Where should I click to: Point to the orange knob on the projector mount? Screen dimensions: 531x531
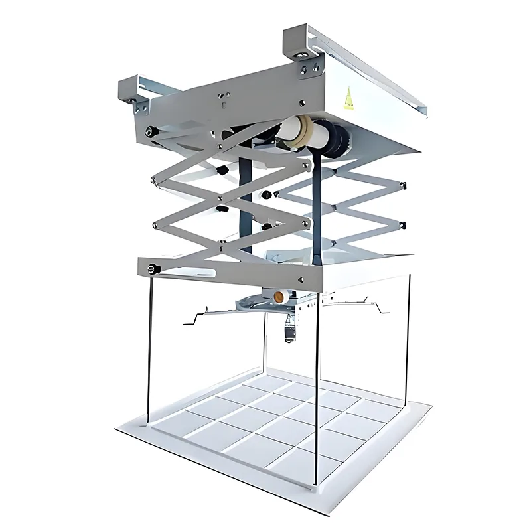[x=280, y=295]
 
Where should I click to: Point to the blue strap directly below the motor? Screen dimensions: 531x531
[x=319, y=206]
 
